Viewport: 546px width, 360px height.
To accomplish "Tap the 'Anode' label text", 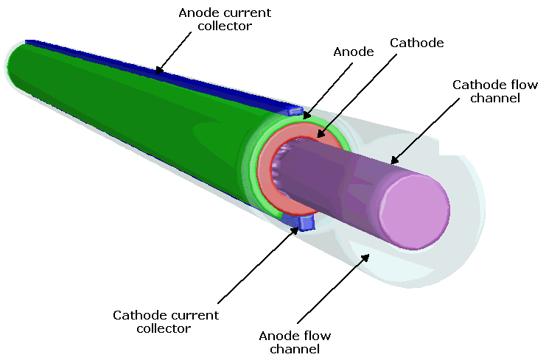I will coord(354,52).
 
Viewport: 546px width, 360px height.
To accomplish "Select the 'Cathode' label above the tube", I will coord(416,43).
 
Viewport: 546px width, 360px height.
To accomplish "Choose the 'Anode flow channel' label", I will coord(295,342).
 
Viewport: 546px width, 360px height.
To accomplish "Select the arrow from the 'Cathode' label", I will coord(357,96).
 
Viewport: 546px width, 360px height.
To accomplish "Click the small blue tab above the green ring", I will coord(295,112).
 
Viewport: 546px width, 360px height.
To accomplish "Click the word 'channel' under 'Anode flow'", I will coord(295,348).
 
